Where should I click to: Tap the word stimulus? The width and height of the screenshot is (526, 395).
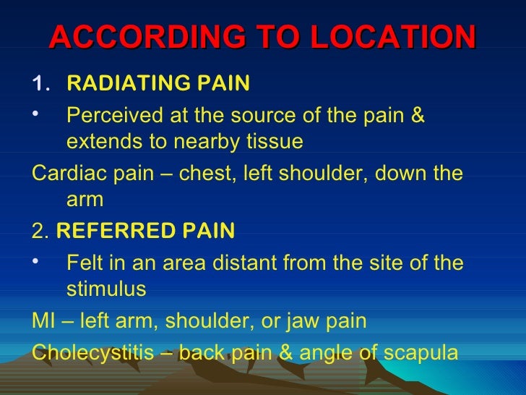pyautogui.click(x=106, y=289)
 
